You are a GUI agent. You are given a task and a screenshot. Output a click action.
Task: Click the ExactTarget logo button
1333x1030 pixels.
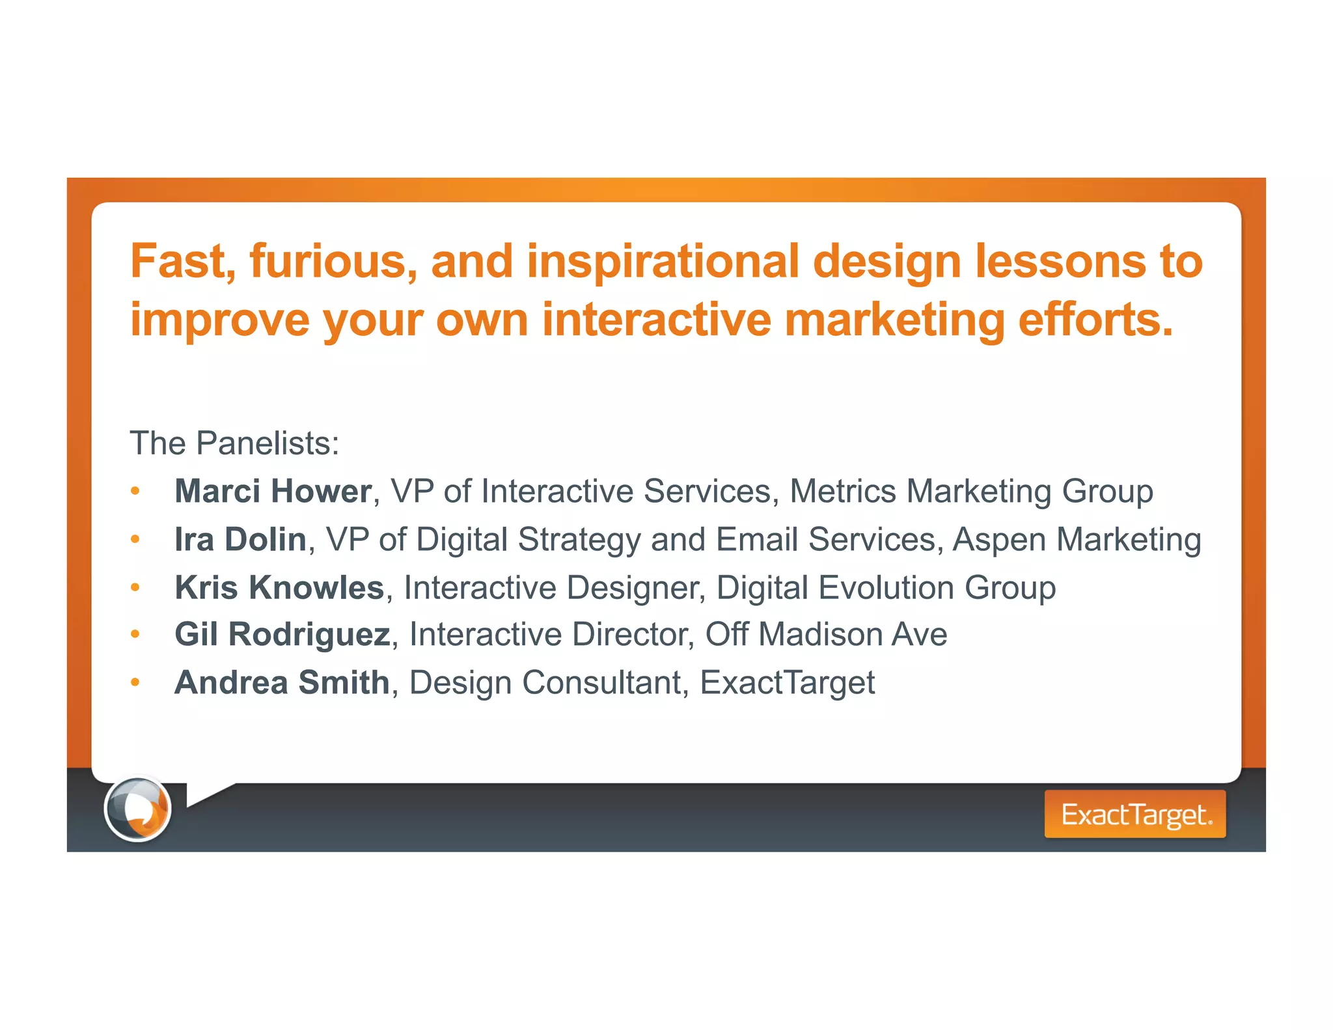1134,814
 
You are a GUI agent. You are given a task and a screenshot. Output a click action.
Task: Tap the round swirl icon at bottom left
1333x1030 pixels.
137,809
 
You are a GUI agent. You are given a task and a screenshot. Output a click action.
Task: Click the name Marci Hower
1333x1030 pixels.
273,491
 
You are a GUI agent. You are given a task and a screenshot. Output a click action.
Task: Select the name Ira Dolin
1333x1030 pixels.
240,539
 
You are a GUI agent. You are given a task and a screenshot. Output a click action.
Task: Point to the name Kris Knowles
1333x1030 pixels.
279,587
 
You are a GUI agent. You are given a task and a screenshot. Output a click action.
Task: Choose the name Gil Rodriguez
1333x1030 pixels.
282,634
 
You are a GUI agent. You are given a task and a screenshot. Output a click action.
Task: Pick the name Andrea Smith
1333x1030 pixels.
282,682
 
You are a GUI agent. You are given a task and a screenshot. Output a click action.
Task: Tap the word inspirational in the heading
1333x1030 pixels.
663,262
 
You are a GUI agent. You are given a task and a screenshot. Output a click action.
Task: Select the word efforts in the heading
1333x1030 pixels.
1095,320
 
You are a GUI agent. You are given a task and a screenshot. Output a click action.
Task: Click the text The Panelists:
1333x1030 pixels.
234,443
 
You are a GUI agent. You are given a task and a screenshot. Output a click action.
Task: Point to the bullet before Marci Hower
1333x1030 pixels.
135,491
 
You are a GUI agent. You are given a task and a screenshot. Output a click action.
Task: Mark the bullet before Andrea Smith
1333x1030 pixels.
135,682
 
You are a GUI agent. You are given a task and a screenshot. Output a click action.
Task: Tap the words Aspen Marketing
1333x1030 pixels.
1077,539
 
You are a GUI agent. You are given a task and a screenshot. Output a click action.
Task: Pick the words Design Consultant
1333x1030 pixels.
545,682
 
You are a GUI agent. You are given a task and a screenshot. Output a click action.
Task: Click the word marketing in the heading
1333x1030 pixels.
894,320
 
